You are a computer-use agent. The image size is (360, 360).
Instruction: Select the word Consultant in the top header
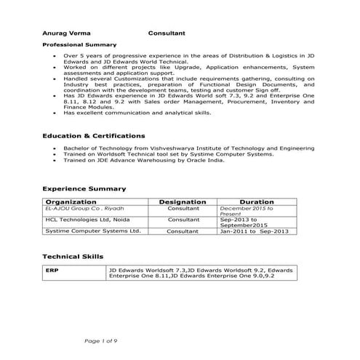pos(167,33)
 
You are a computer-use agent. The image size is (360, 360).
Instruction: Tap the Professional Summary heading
pos(74,44)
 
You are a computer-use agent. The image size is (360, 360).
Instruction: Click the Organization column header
pos(71,201)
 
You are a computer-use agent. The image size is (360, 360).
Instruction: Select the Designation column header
pos(183,201)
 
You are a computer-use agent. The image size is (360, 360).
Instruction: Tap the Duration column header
pos(256,201)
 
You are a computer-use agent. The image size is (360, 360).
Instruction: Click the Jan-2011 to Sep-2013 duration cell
pos(255,231)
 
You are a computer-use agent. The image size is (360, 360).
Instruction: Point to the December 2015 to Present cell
pos(246,211)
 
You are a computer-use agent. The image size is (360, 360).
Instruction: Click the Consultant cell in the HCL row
pos(183,219)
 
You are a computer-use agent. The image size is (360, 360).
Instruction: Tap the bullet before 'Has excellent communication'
pos(56,113)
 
